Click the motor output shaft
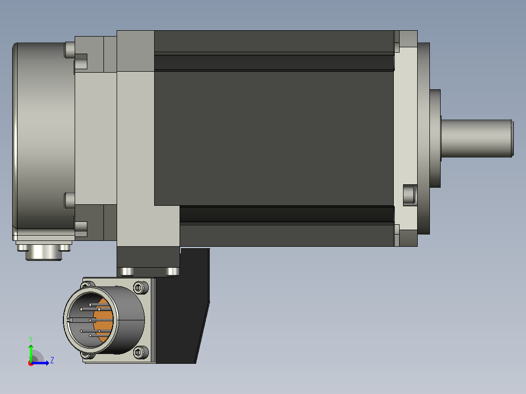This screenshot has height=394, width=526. pyautogui.click(x=477, y=138)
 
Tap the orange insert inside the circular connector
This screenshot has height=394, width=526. pyautogui.click(x=104, y=321)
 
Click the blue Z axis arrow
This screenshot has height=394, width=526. pyautogui.click(x=40, y=363)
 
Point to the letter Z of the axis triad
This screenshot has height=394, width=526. pyautogui.click(x=52, y=360)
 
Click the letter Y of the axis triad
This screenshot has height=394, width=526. pyautogui.click(x=31, y=339)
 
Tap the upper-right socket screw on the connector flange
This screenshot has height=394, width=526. pyautogui.click(x=140, y=287)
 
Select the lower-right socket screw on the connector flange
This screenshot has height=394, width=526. pyautogui.click(x=140, y=352)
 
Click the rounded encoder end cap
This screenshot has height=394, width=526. pyautogui.click(x=43, y=136)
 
